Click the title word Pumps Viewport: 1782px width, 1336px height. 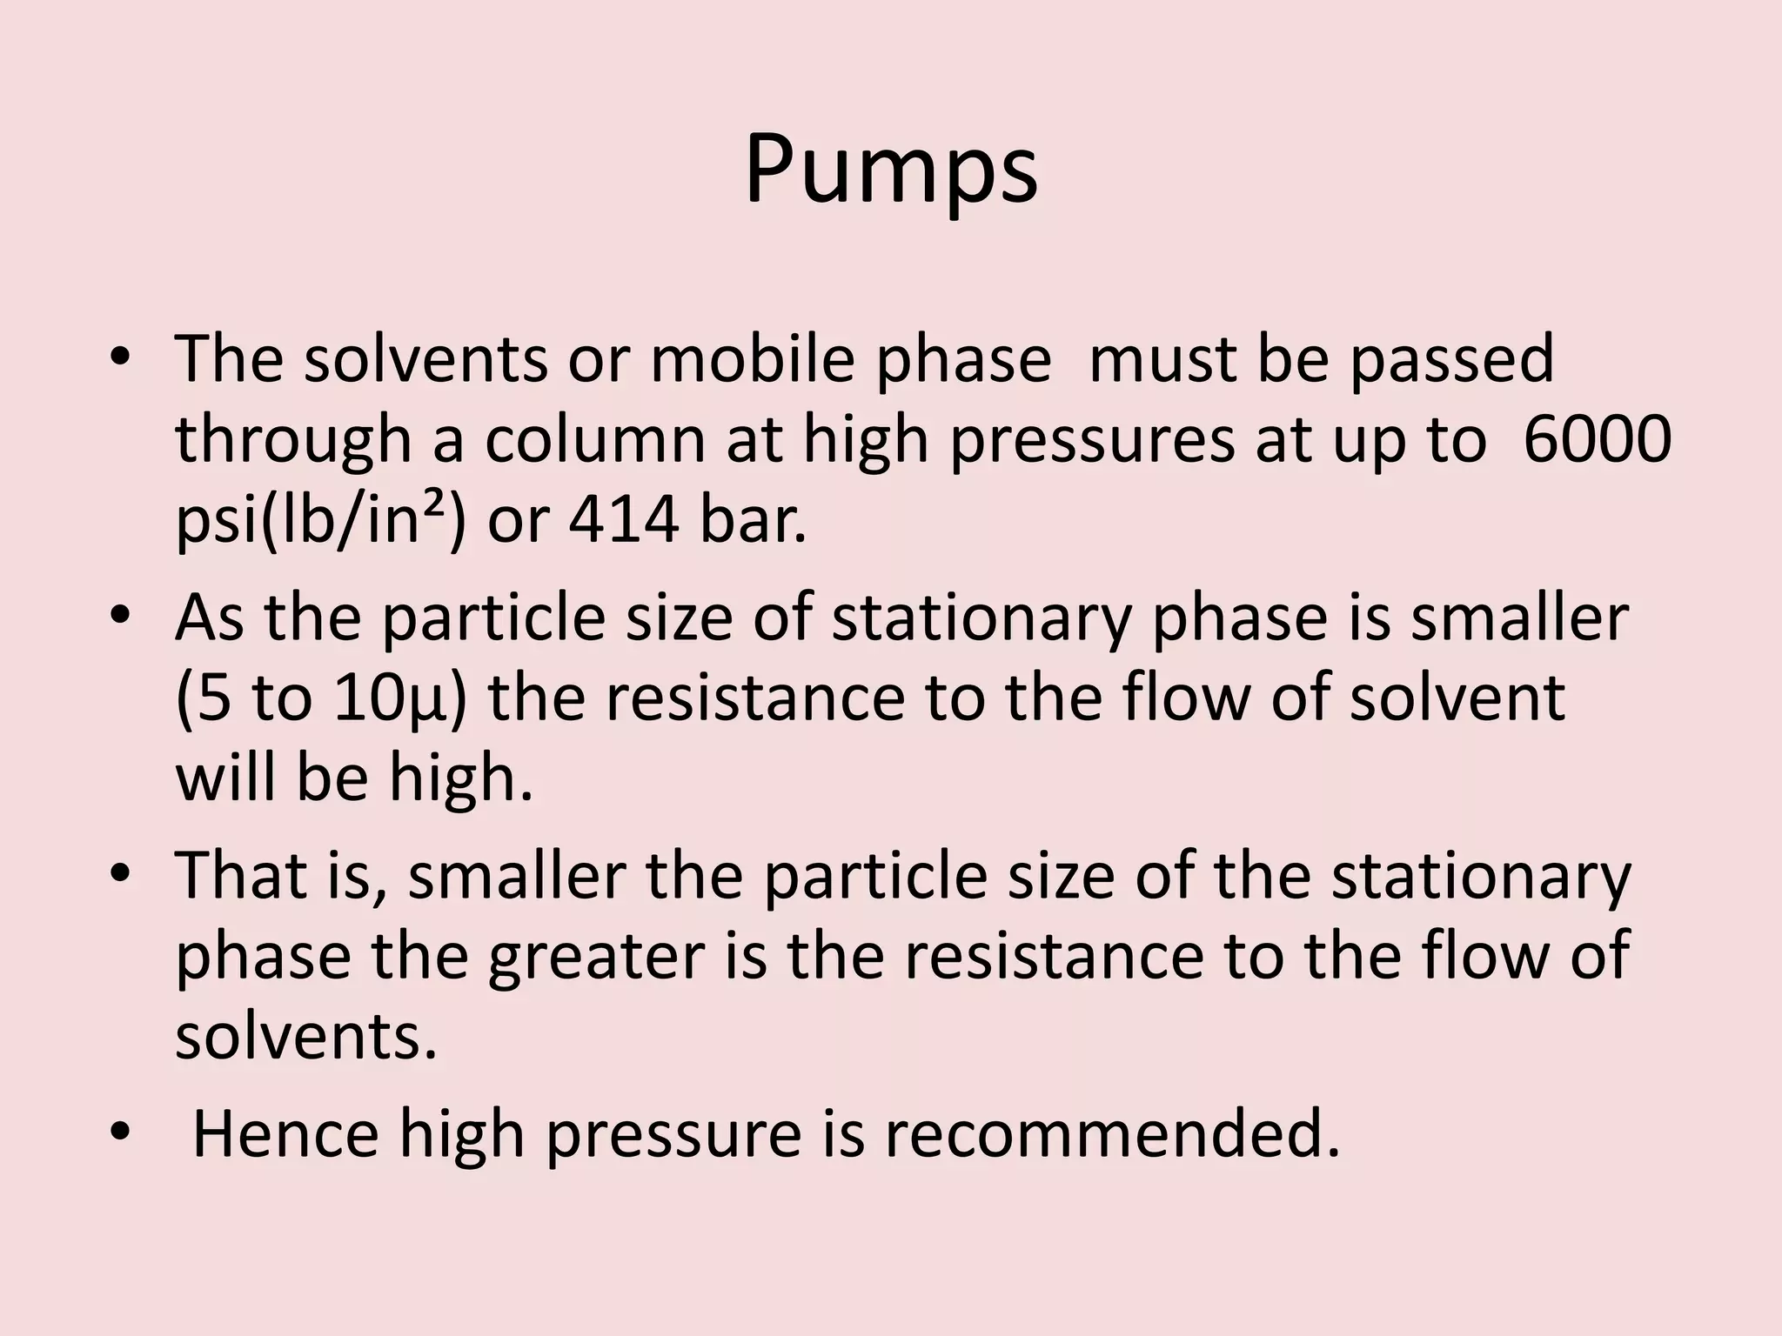click(x=891, y=170)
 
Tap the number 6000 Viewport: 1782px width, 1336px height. click(x=1598, y=440)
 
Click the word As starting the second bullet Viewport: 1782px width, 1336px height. click(x=210, y=618)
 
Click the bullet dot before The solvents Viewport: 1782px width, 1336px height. click(x=120, y=358)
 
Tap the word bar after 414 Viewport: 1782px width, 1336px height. click(x=753, y=520)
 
